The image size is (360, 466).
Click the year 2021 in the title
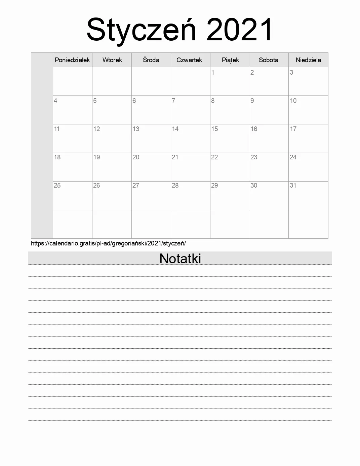240,30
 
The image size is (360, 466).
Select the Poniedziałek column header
72,60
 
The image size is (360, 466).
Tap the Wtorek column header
112,60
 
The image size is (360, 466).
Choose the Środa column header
151,60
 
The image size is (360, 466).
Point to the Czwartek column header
189,60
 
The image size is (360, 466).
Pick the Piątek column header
230,60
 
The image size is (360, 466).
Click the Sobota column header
269,60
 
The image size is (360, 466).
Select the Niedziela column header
308,60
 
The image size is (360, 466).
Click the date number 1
213,72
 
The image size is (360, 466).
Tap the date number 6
134,101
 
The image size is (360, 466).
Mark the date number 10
293,101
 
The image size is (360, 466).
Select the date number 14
175,129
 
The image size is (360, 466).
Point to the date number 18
57,157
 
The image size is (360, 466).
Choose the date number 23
254,157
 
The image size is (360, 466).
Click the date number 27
136,185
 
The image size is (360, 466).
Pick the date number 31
293,185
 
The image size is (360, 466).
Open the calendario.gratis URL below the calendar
108,243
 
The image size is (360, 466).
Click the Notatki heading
180,259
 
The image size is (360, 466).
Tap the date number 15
214,129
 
